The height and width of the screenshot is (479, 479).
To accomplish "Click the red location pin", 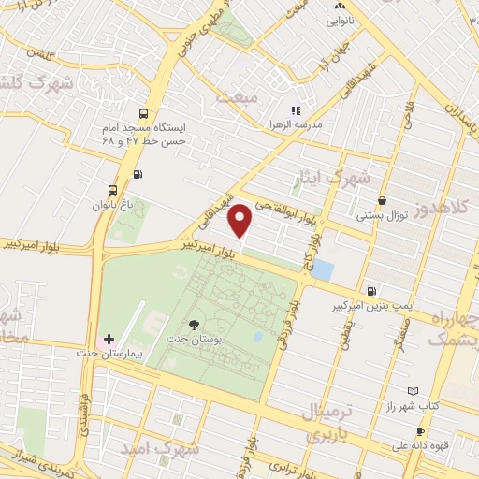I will tap(241, 220).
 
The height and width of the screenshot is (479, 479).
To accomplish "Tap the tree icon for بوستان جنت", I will tap(194, 325).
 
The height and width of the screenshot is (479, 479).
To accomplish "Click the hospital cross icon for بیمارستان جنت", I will tap(109, 338).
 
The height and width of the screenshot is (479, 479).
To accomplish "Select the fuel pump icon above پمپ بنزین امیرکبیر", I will tap(373, 292).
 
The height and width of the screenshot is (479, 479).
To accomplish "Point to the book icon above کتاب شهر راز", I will tap(414, 391).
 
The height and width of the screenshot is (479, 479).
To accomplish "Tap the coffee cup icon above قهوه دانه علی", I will tap(420, 431).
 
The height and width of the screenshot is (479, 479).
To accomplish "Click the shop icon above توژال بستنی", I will tap(382, 201).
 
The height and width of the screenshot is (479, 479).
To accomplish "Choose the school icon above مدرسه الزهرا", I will tap(296, 110).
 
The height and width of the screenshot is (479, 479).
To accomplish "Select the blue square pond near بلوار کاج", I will tap(322, 269).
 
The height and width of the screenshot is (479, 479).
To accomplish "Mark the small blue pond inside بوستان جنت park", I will tap(257, 337).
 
